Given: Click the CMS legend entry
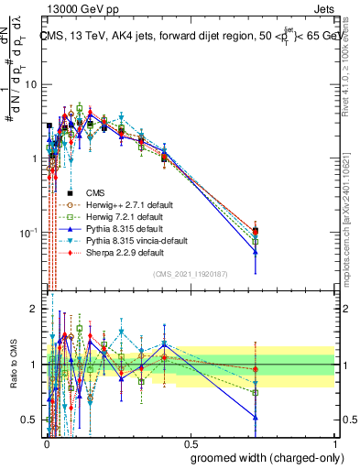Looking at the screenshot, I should (95, 192).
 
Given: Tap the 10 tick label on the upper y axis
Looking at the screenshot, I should (30, 84).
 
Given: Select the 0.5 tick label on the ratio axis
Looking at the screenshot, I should (31, 420).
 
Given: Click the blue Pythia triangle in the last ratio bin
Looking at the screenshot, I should (256, 417).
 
